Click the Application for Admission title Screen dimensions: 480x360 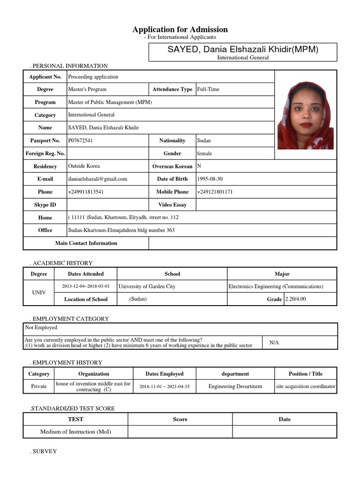coord(180,30)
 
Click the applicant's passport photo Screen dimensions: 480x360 coord(305,115)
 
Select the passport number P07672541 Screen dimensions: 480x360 coord(81,141)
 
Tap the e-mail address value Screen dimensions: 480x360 coord(97,179)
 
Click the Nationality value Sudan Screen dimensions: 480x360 coord(204,141)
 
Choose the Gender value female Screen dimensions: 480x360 coord(204,153)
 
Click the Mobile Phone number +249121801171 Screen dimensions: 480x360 coord(215,192)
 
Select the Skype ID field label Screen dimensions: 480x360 coord(45,205)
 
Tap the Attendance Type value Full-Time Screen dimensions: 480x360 coord(208,89)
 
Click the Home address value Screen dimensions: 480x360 coord(123,217)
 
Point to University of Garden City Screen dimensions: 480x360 coord(147,286)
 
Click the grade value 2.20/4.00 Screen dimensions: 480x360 coord(295,299)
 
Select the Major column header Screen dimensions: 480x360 coord(282,274)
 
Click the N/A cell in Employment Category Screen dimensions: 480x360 coord(274,343)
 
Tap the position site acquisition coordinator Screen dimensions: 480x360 coord(306,387)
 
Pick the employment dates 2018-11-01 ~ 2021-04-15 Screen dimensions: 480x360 coord(165,387)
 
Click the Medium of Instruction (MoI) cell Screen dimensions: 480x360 coord(75,432)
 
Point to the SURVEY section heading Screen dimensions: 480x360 coord(44,451)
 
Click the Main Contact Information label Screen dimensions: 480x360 coord(86,243)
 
